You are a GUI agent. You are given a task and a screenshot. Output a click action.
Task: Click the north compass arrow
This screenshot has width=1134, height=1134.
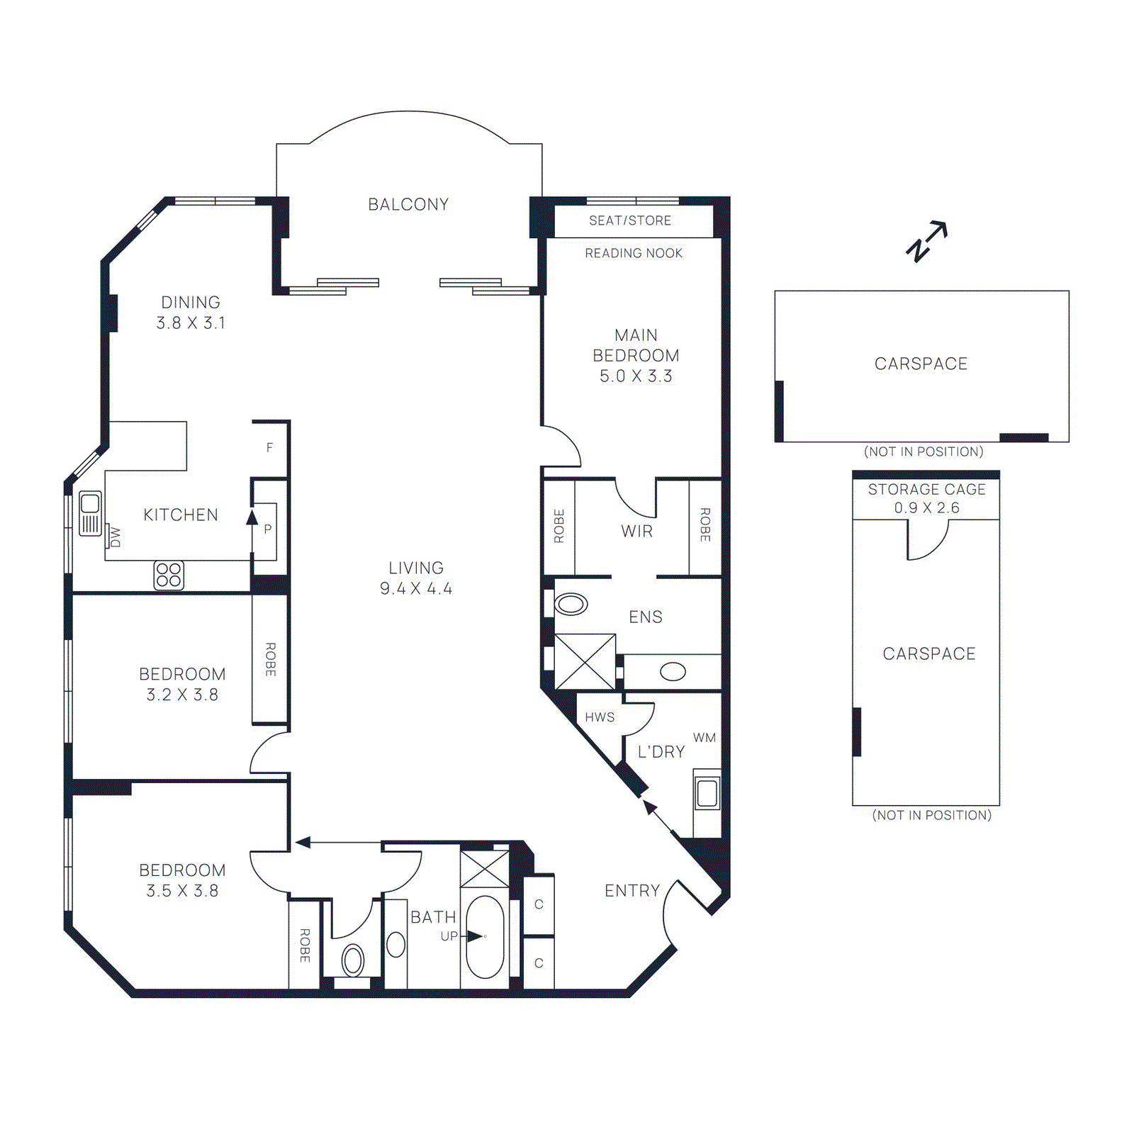pyautogui.click(x=927, y=241)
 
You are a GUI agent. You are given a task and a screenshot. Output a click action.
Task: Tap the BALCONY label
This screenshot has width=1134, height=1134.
pyautogui.click(x=408, y=205)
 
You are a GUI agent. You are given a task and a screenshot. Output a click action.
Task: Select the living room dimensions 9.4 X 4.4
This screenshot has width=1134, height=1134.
pyautogui.click(x=416, y=589)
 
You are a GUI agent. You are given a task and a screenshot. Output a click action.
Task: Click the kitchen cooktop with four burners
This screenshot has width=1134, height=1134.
pyautogui.click(x=169, y=576)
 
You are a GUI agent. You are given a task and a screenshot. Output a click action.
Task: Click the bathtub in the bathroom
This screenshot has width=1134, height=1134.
pyautogui.click(x=485, y=937)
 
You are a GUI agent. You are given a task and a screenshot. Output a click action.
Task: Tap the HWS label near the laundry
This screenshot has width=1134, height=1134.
pyautogui.click(x=600, y=717)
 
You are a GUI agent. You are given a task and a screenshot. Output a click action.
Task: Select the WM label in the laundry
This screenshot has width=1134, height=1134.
pyautogui.click(x=704, y=738)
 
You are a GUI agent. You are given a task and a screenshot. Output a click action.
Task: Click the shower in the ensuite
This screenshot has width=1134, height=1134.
pyautogui.click(x=585, y=662)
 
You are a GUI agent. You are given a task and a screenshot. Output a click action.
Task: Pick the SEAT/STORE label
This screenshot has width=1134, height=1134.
pyautogui.click(x=630, y=220)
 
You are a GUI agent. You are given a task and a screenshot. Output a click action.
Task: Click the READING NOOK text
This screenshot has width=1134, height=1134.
pyautogui.click(x=634, y=253)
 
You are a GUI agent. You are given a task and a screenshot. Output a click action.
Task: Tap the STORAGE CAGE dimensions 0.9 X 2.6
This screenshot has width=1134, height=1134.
pyautogui.click(x=927, y=508)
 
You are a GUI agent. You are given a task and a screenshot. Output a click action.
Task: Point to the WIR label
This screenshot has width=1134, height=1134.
pyautogui.click(x=636, y=531)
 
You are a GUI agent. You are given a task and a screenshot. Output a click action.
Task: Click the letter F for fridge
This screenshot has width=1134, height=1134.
pyautogui.click(x=269, y=447)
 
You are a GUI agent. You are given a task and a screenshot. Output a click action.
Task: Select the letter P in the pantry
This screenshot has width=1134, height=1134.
pyautogui.click(x=268, y=529)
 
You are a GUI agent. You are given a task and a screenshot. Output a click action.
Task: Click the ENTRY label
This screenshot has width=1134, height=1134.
pyautogui.click(x=632, y=891)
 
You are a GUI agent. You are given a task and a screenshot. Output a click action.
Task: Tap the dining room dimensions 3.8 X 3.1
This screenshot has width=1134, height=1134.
pyautogui.click(x=191, y=323)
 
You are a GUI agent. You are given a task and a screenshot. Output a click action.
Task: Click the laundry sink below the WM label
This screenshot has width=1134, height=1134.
pyautogui.click(x=707, y=792)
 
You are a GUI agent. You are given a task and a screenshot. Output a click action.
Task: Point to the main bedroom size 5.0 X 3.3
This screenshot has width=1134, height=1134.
pyautogui.click(x=636, y=376)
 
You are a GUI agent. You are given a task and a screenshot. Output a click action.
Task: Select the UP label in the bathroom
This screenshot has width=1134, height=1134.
pyautogui.click(x=449, y=936)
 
